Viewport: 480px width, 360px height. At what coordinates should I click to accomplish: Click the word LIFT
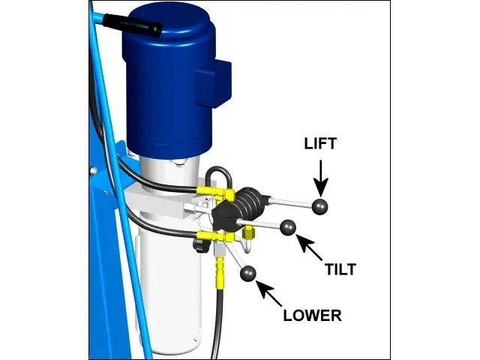pos(320,143)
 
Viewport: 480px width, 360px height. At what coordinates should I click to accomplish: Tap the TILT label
pos(340,269)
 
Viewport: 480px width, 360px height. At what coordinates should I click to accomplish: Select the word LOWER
pos(312,315)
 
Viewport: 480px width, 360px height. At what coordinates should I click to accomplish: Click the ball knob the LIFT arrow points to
pos(320,206)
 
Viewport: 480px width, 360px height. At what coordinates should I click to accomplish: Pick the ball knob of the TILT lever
pos(288,228)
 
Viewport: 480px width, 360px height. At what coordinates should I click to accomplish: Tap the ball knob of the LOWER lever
pos(248,273)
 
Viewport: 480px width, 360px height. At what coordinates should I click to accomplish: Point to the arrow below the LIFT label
pos(321,178)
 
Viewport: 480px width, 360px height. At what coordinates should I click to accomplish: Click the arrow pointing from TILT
pos(309,247)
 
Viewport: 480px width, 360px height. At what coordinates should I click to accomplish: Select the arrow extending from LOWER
pos(268,293)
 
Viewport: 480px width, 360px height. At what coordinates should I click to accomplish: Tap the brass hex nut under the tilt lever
pos(248,233)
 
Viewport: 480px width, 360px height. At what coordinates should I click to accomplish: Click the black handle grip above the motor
pos(132,24)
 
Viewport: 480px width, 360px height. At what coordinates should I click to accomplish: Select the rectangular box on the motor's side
pos(213,82)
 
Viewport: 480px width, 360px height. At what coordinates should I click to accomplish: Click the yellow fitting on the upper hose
pos(215,192)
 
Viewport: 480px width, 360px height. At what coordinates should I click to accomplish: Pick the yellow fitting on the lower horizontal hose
pos(215,237)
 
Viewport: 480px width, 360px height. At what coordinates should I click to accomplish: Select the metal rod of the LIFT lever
pos(292,202)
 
